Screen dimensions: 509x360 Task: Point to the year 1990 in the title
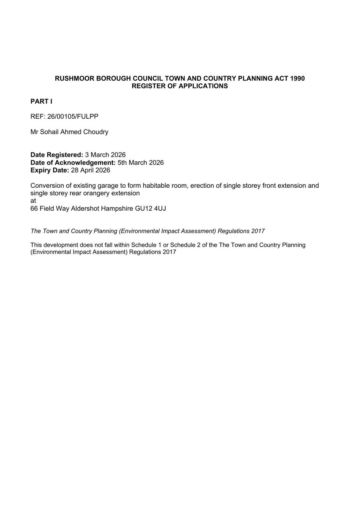(x=297, y=79)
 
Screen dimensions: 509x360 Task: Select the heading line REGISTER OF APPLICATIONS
(x=180, y=86)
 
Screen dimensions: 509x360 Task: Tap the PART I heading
(x=41, y=101)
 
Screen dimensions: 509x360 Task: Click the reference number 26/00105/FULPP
(x=73, y=116)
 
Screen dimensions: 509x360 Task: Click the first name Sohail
(x=49, y=132)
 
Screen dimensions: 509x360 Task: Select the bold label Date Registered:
(x=57, y=155)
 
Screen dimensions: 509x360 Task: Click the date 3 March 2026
(x=105, y=155)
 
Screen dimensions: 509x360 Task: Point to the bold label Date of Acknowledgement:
(x=73, y=163)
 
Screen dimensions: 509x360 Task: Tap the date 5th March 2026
(x=141, y=163)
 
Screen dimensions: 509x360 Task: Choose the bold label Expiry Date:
(x=50, y=170)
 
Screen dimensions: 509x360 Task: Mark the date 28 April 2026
(x=91, y=170)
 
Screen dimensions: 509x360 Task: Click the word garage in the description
(x=109, y=186)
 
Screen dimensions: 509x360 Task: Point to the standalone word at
(x=33, y=201)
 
